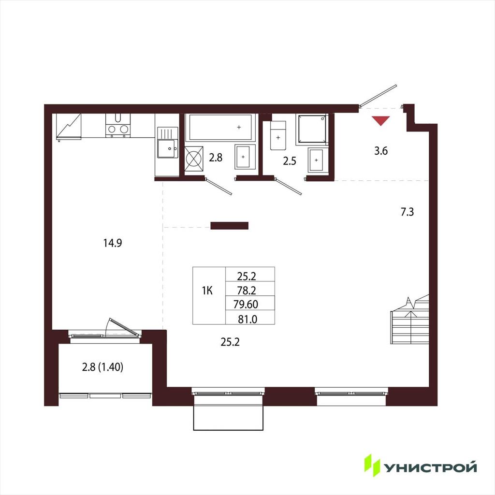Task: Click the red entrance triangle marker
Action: [x=381, y=120]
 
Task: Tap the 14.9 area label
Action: [x=113, y=243]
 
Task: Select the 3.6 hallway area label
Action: [x=381, y=151]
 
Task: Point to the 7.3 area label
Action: [x=407, y=212]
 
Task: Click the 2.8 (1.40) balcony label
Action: [x=102, y=367]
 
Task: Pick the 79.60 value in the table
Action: [x=246, y=304]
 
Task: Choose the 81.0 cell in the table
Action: [x=247, y=319]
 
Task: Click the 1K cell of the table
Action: [x=207, y=291]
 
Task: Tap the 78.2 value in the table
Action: [x=247, y=290]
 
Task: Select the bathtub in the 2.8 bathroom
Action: [x=220, y=127]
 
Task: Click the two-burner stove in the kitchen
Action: [x=118, y=125]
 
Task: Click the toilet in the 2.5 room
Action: [x=278, y=135]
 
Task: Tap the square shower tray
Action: [x=312, y=129]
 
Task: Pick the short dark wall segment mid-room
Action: [x=230, y=225]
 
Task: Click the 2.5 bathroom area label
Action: [x=290, y=161]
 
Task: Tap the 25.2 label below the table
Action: [x=230, y=342]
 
